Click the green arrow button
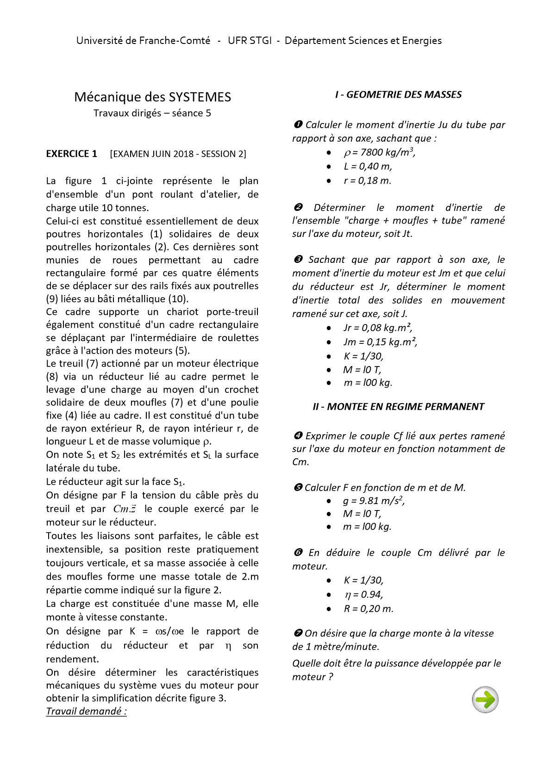pyautogui.click(x=485, y=699)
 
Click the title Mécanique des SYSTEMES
pyautogui.click(x=152, y=97)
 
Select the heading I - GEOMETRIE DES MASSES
pyautogui.click(x=398, y=94)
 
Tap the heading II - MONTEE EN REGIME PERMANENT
pyautogui.click(x=398, y=407)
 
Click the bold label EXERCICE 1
pyautogui.click(x=71, y=154)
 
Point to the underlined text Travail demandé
pyautogui.click(x=86, y=711)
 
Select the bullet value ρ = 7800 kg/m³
pyautogui.click(x=379, y=152)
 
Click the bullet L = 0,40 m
pyautogui.click(x=368, y=167)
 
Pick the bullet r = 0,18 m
pyautogui.click(x=368, y=181)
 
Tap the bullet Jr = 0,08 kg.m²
pyautogui.click(x=378, y=328)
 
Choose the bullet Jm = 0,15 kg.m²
pyautogui.click(x=380, y=342)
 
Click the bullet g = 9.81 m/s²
pyautogui.click(x=374, y=500)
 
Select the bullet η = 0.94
pyautogui.click(x=363, y=595)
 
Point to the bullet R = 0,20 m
pyautogui.click(x=369, y=609)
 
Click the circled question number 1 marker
pyautogui.click(x=298, y=125)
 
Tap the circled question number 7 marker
pyautogui.click(x=298, y=633)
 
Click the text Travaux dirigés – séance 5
pyautogui.click(x=152, y=113)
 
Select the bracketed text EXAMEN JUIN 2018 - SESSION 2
pyautogui.click(x=178, y=154)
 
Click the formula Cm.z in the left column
pyautogui.click(x=125, y=509)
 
